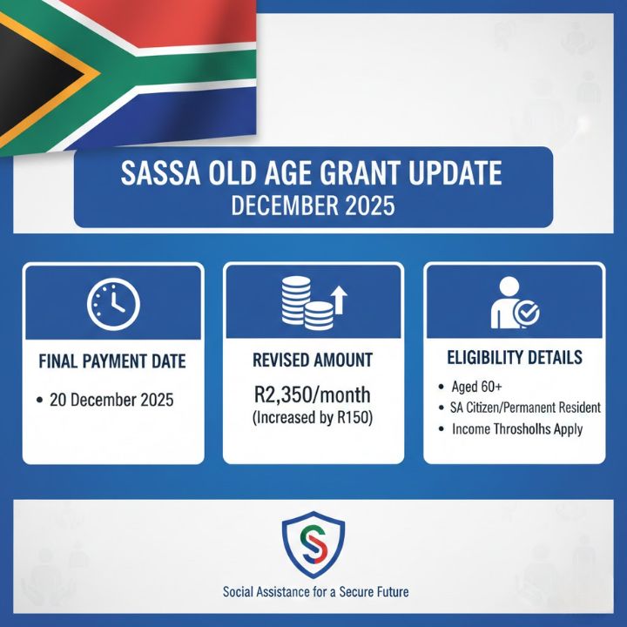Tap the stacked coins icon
click(307, 303)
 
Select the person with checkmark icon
click(514, 304)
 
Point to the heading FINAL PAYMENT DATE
click(113, 361)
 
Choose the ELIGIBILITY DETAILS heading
click(514, 357)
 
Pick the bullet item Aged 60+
click(475, 386)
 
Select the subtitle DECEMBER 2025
click(313, 206)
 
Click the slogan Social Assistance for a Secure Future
click(315, 591)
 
